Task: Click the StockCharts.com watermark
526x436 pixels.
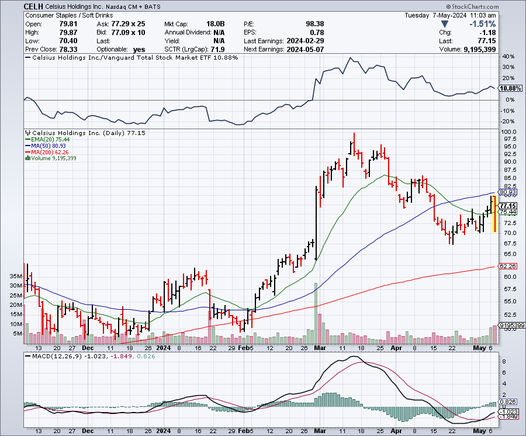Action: click(x=496, y=5)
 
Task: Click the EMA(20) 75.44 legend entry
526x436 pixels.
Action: click(x=46, y=140)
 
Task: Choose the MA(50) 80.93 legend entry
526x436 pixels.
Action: click(x=46, y=146)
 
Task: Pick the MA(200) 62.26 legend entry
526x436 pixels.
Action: click(x=47, y=152)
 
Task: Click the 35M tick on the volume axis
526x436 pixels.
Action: click(x=15, y=276)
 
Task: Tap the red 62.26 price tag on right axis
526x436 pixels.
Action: click(x=506, y=266)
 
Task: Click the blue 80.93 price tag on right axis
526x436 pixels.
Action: click(x=506, y=192)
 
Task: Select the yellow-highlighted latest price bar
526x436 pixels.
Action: click(x=494, y=213)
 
